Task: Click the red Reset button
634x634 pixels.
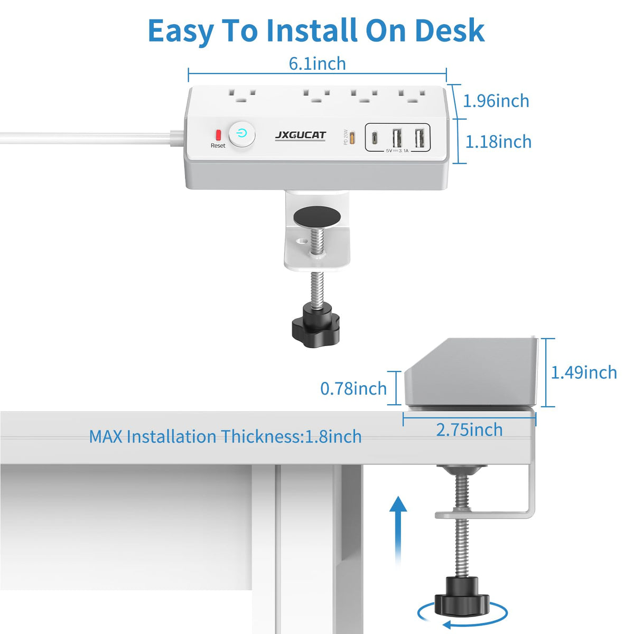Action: (x=218, y=135)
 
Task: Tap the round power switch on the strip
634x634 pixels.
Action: (x=242, y=134)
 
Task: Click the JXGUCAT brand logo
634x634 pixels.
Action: (x=301, y=135)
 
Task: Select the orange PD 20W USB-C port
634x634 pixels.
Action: (x=352, y=138)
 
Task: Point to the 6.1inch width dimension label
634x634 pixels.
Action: (x=318, y=63)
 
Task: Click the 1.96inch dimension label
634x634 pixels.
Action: (x=496, y=101)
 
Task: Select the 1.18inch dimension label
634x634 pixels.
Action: (x=498, y=142)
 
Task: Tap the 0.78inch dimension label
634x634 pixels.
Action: (x=353, y=388)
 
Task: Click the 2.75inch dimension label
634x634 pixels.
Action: (x=470, y=430)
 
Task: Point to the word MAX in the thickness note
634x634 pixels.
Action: (x=106, y=436)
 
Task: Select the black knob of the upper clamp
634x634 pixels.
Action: (x=315, y=329)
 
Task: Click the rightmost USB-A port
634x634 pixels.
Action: (x=419, y=138)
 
